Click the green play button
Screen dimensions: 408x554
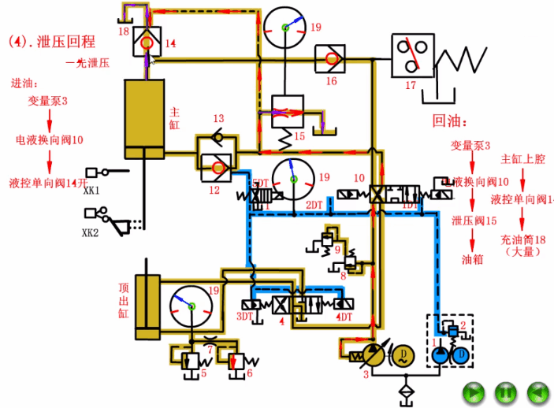[473, 390]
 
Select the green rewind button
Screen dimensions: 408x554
[537, 390]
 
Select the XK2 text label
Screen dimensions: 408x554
[91, 233]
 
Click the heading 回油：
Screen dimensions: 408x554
[450, 122]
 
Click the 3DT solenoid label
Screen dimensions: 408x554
[246, 317]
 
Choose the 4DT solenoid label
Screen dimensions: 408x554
[344, 317]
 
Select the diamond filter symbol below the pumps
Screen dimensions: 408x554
[407, 390]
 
